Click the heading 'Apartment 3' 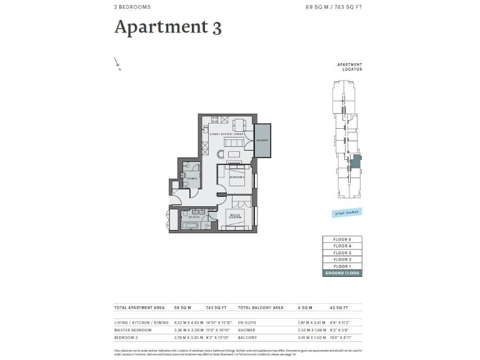tap(167, 27)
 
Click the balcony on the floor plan tap(262, 140)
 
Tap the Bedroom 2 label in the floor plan tap(236, 177)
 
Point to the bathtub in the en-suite tap(191, 225)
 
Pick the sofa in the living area tap(234, 154)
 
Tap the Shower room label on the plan tap(191, 178)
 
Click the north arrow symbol tap(117, 62)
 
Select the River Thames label tap(347, 213)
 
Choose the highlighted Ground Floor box tap(342, 273)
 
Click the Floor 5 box tap(342, 239)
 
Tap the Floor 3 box tap(342, 252)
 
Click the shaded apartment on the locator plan tap(355, 161)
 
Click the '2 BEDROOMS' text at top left tap(132, 7)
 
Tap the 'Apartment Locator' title tap(349, 67)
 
